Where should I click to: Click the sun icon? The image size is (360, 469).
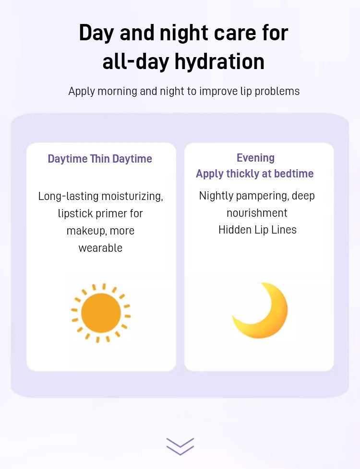click(x=101, y=313)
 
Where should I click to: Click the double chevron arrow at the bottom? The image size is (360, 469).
click(x=180, y=446)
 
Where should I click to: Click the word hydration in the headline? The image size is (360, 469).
click(x=219, y=61)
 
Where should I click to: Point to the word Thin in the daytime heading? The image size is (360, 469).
click(x=100, y=159)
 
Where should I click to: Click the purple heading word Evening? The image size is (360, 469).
click(x=255, y=158)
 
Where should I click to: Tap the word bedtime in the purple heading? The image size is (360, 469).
click(x=294, y=174)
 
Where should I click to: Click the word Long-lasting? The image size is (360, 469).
click(x=68, y=196)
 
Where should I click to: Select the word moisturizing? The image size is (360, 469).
click(x=132, y=196)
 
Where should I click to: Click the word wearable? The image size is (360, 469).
click(x=100, y=248)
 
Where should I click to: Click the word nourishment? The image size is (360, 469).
click(x=257, y=213)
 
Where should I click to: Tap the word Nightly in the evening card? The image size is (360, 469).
click(x=216, y=196)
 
